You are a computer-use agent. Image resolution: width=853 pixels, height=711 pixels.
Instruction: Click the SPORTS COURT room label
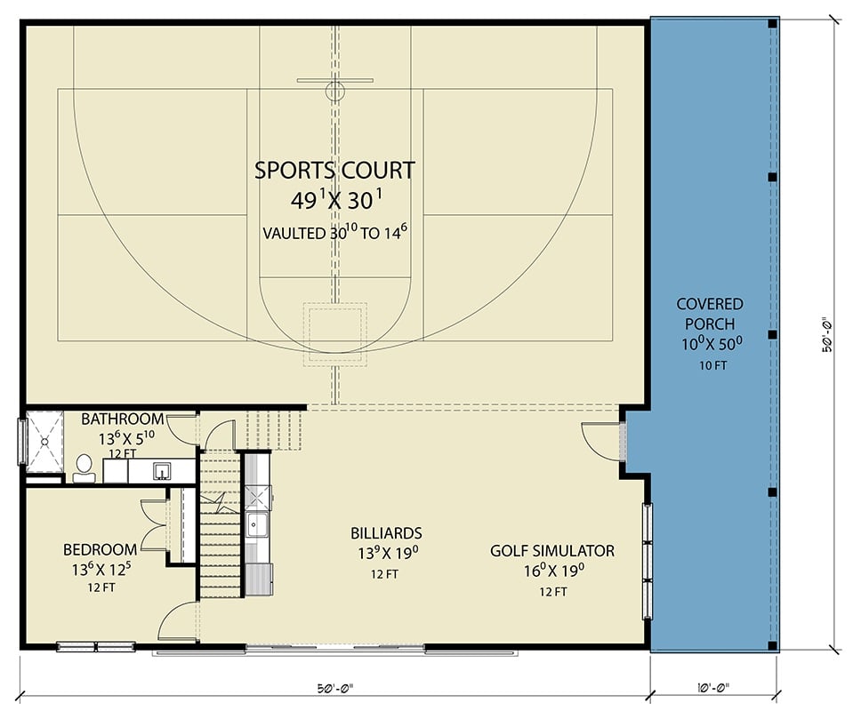coord(334,170)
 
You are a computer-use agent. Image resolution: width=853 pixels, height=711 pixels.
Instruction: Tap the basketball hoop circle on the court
coord(334,90)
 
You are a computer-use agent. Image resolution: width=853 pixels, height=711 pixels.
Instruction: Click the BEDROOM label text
coord(100,549)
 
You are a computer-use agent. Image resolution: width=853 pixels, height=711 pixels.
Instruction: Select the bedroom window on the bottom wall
coord(95,646)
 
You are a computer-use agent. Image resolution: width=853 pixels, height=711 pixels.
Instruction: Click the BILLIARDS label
coord(384,533)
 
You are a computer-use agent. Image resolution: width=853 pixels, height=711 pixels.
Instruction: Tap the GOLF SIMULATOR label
coord(551,551)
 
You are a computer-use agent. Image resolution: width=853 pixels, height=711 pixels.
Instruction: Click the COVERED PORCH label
coord(709,305)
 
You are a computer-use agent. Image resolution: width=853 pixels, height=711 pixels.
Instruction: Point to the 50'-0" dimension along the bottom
coord(334,686)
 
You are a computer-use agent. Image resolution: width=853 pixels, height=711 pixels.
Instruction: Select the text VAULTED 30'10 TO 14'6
coord(335,233)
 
